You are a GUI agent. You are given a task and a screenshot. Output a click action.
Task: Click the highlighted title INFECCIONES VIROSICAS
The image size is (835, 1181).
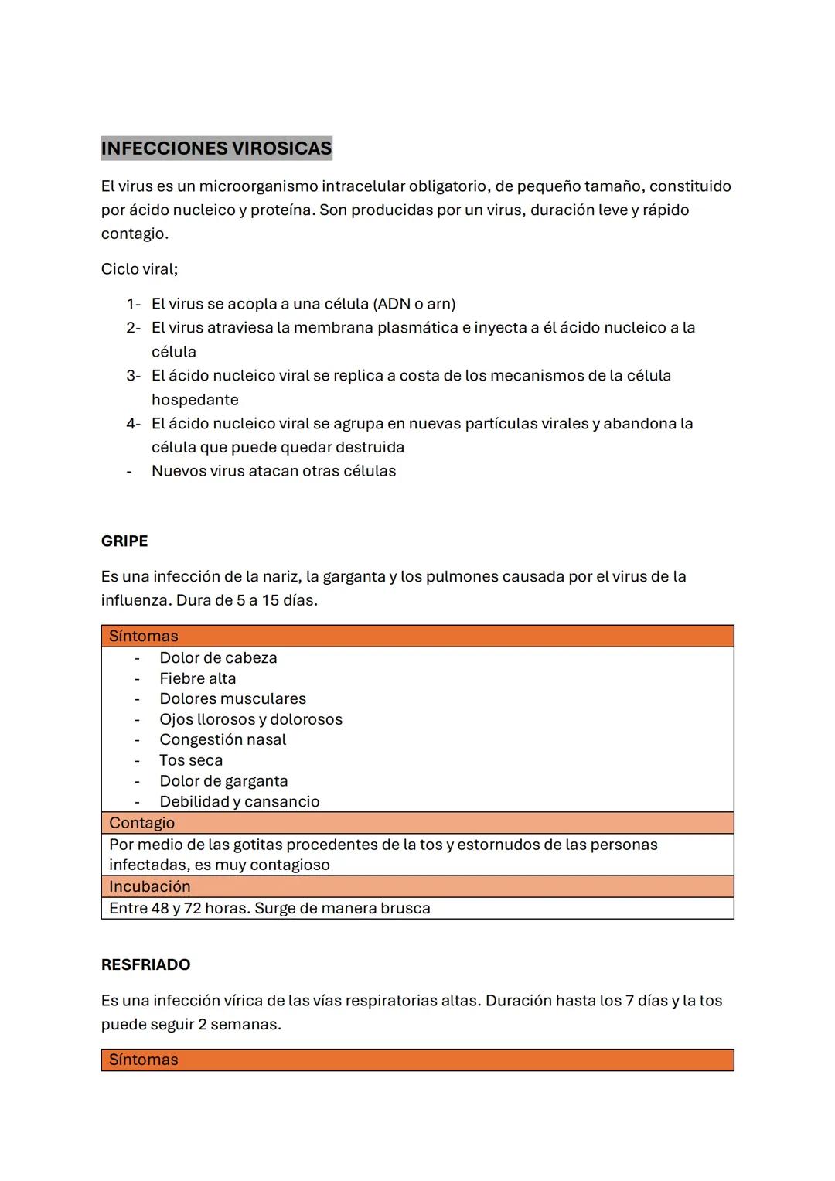[216, 148]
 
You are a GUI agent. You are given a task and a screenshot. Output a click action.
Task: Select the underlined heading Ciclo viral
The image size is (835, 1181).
[139, 269]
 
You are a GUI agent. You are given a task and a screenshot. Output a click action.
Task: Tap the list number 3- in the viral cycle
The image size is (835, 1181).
[134, 376]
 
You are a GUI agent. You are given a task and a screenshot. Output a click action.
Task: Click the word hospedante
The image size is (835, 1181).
[195, 400]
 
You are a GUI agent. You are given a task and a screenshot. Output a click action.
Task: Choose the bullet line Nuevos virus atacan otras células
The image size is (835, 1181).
[274, 471]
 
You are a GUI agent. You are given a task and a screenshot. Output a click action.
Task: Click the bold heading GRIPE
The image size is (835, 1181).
[124, 541]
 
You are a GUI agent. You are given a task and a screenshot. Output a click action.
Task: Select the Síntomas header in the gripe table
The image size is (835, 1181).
[144, 637]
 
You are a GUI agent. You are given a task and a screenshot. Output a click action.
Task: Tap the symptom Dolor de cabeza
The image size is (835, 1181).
[218, 658]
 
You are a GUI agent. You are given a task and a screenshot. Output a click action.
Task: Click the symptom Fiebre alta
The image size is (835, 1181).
[198, 678]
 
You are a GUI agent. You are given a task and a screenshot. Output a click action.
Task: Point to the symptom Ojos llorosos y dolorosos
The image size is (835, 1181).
[250, 719]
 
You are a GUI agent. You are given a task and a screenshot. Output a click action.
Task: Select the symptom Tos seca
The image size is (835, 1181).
[191, 760]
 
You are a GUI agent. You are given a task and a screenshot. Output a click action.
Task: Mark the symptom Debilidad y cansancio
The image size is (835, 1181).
[239, 802]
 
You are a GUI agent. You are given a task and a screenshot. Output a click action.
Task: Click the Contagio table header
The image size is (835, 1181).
[142, 823]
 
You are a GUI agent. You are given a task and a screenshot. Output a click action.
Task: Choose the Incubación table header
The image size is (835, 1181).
[149, 886]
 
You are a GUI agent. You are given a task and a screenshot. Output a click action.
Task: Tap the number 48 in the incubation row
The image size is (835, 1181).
[160, 908]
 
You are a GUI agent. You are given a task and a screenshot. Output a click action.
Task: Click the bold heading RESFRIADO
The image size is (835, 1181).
[145, 965]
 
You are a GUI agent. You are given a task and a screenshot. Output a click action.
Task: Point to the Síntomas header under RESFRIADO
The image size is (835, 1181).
[144, 1060]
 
